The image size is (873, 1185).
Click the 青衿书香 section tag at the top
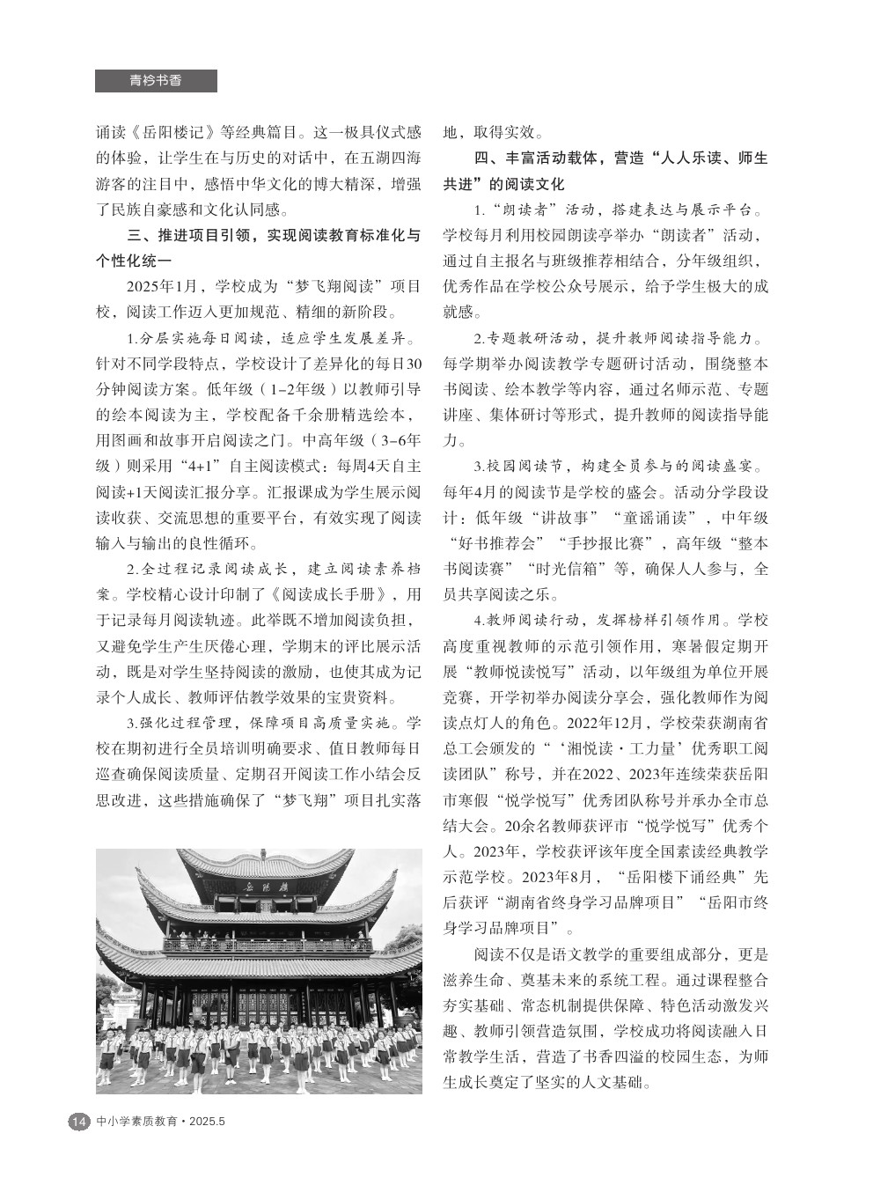tap(156, 81)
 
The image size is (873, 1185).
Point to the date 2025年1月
tap(164, 287)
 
